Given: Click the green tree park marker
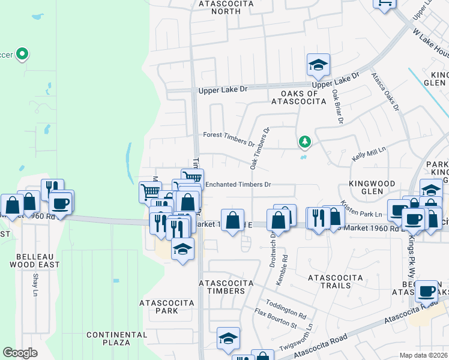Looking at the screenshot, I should [306, 142].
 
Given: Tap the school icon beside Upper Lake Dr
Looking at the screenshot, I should [318, 66].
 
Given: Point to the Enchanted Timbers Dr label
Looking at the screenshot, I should [239, 184].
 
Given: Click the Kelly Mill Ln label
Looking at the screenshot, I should [368, 154].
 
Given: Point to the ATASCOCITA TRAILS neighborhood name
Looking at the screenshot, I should [336, 281].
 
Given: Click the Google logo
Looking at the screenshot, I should [20, 352].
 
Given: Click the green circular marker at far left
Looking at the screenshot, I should [22, 55].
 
